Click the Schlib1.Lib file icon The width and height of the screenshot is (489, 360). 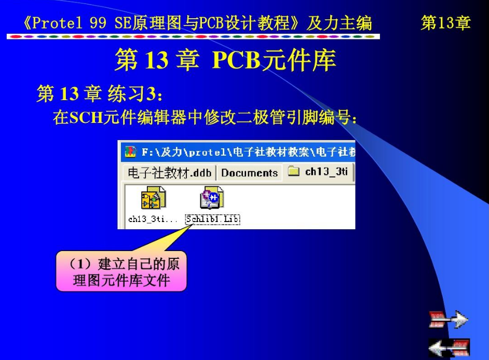(212, 198)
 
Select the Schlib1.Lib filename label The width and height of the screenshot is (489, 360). (213, 219)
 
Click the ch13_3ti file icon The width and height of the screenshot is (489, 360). (153, 198)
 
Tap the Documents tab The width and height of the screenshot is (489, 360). (249, 173)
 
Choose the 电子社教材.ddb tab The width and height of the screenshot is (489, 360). (169, 173)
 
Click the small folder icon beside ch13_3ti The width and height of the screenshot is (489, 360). (293, 171)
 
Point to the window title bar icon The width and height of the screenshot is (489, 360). (131, 151)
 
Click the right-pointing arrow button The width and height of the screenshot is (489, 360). (449, 319)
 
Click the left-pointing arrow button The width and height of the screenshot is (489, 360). (449, 347)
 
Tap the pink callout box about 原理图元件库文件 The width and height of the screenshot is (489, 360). (121, 271)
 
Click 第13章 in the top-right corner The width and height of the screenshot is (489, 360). (445, 23)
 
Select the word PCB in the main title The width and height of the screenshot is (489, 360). (236, 60)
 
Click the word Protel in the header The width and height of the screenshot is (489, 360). (57, 23)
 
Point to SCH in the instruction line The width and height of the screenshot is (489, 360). (86, 118)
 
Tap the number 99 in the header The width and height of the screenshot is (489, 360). (98, 23)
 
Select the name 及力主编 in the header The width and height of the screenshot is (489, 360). (339, 23)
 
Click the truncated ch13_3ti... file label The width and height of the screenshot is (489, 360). (153, 219)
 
